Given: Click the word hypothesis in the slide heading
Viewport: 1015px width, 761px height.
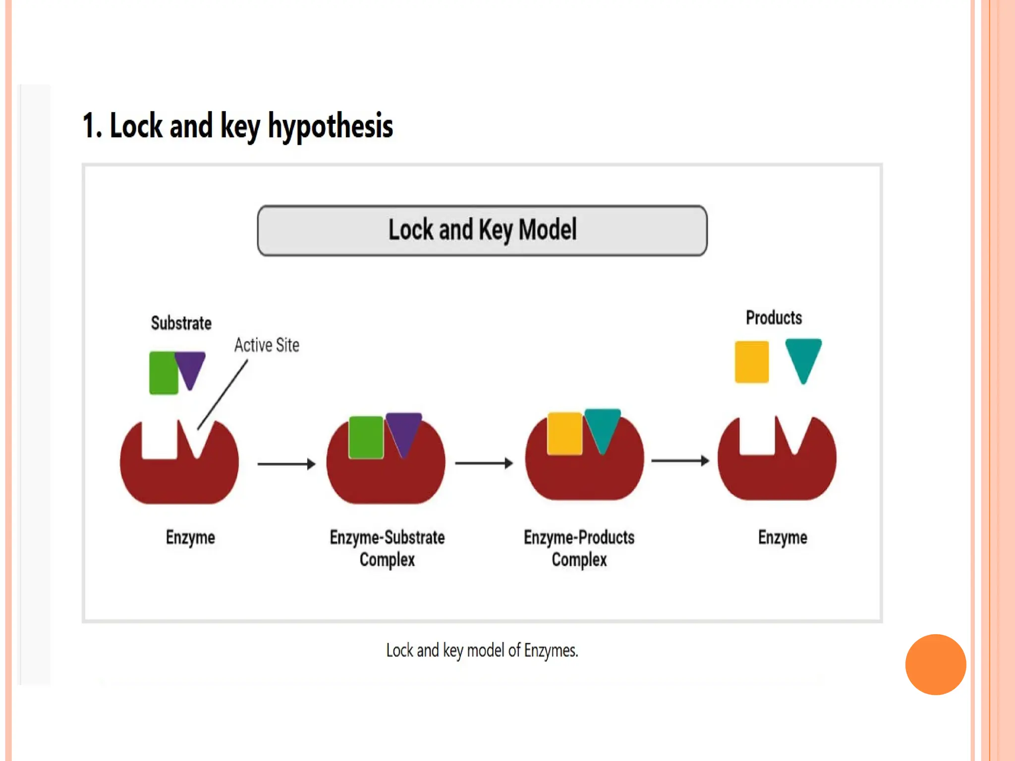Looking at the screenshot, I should [x=331, y=126].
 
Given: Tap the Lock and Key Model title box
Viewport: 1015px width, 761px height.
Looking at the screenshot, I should [x=482, y=230].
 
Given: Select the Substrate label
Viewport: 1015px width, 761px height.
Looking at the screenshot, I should [x=181, y=323].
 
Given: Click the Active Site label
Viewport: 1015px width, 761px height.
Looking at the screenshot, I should [x=267, y=345].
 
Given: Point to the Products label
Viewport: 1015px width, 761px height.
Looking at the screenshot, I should [x=774, y=318].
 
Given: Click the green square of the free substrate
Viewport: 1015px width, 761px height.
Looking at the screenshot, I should [x=163, y=373].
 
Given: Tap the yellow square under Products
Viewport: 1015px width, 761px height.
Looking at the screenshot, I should [x=751, y=362].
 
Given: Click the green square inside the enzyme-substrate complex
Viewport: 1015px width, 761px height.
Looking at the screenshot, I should [x=366, y=437].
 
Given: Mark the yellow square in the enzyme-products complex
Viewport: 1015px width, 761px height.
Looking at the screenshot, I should [x=564, y=433].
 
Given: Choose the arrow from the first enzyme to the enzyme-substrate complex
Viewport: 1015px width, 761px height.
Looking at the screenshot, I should [x=286, y=464].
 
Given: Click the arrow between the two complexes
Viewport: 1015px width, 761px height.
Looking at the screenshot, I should [x=484, y=463].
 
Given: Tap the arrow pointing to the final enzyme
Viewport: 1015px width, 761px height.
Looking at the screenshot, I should [x=680, y=461].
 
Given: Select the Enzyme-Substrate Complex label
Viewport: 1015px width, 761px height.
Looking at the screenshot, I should [x=387, y=548].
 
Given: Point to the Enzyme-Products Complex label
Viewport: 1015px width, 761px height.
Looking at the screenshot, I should [x=579, y=548].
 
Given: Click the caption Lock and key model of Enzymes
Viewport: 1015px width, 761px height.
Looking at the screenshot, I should [x=482, y=650].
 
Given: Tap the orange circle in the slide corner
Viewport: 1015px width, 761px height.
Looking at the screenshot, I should [x=935, y=664].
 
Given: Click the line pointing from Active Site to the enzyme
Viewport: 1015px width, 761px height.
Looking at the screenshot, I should [x=222, y=395].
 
